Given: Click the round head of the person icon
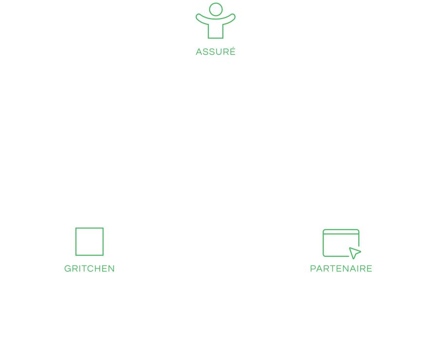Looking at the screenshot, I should (216, 9).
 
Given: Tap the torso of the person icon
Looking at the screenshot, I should (216, 30).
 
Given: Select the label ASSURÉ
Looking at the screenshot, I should (216, 52).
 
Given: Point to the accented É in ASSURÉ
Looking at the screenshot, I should (233, 52).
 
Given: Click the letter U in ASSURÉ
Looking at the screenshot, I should (220, 52).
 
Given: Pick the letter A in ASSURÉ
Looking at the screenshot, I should (199, 52).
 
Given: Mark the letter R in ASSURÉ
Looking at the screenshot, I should (226, 52).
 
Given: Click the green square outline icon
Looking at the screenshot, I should (90, 242).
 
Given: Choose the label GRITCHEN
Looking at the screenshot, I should (90, 269).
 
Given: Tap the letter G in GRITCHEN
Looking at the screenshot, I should (68, 269).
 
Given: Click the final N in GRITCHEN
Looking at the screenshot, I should (111, 269).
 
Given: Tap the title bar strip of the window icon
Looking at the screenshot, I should (341, 231).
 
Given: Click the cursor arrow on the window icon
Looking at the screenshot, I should (355, 252).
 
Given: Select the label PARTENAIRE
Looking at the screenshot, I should (341, 269).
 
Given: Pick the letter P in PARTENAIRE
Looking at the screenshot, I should (313, 269).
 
